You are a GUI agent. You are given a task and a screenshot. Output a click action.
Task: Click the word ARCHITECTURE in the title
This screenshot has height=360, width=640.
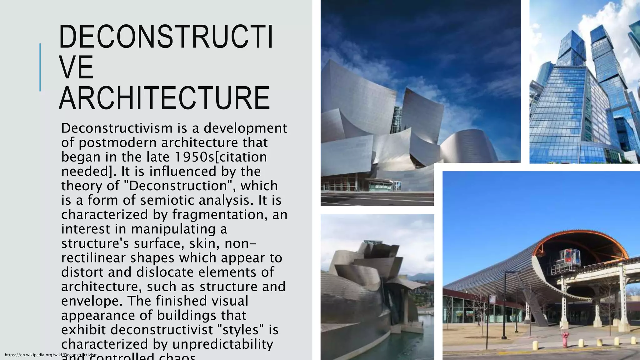164,98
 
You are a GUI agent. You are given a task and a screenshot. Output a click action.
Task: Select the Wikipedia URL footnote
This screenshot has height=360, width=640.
51,355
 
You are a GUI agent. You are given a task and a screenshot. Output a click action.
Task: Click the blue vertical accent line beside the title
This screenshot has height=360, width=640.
40,67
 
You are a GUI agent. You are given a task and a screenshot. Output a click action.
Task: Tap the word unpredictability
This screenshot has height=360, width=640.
222,344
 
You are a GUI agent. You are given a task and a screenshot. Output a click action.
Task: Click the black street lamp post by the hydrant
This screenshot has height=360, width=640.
504,306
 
